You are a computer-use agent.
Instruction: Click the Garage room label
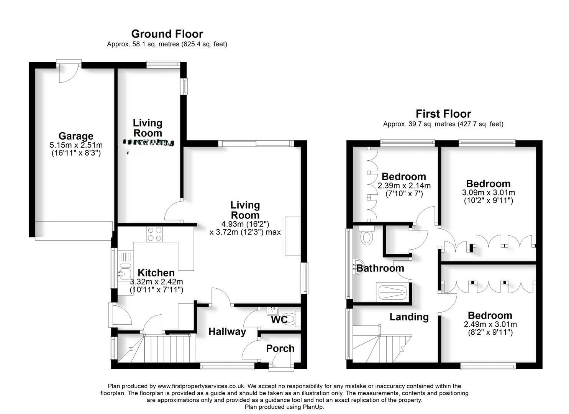click(75, 136)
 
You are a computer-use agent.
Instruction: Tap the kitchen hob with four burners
click(155, 234)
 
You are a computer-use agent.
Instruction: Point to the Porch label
click(280, 348)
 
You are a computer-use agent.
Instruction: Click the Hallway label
click(227, 332)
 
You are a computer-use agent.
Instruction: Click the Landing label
click(409, 317)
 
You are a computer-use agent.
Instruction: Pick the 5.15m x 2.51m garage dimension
click(76, 145)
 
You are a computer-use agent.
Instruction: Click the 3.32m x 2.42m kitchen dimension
click(156, 282)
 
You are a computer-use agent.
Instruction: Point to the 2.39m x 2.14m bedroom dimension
click(404, 186)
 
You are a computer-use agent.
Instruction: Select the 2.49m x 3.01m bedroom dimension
click(490, 324)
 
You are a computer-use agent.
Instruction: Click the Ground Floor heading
click(167, 34)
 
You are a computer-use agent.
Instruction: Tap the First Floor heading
click(443, 113)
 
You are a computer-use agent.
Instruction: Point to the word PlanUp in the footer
click(313, 407)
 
